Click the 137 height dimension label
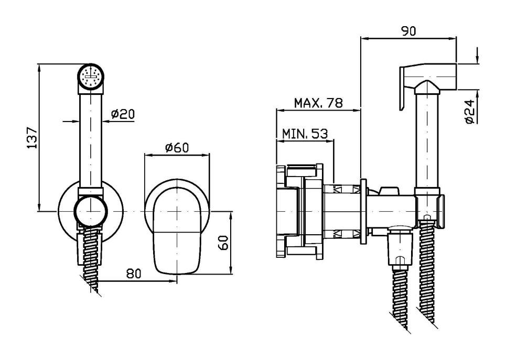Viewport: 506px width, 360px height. pos(32,137)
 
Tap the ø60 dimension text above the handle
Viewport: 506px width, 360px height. pos(177,148)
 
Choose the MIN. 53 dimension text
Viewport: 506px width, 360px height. pos(305,134)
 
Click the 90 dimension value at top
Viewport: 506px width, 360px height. pos(409,31)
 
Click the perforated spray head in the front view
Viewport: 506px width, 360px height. pos(92,78)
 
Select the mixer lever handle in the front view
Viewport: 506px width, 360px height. pos(177,225)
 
